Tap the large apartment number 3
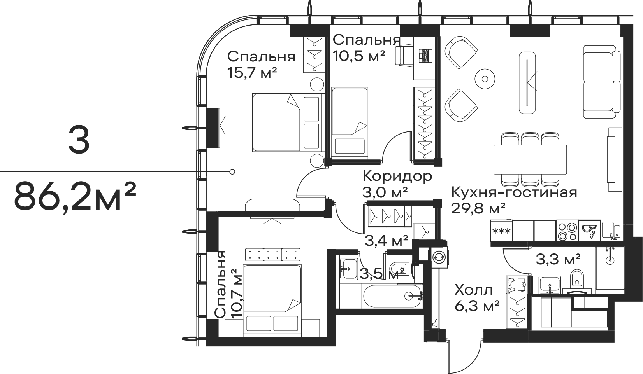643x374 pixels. click(x=79, y=140)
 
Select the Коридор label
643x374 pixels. click(x=397, y=176)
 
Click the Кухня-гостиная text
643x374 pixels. click(x=514, y=193)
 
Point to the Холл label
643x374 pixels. click(x=474, y=290)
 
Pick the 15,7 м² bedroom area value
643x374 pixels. click(x=252, y=73)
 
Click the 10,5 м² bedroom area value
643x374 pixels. click(x=358, y=56)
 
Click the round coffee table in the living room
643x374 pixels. click(x=485, y=79)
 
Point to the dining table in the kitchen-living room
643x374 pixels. click(x=530, y=159)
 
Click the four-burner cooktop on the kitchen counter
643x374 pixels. click(x=567, y=231)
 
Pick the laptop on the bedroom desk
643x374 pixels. click(x=425, y=56)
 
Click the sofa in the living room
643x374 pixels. click(x=602, y=82)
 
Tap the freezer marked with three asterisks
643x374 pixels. click(x=501, y=231)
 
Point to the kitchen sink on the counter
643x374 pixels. click(x=612, y=231)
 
